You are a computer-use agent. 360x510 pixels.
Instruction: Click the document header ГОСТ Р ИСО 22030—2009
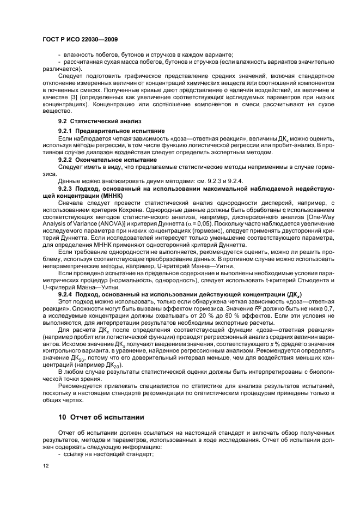[x=80, y=40]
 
